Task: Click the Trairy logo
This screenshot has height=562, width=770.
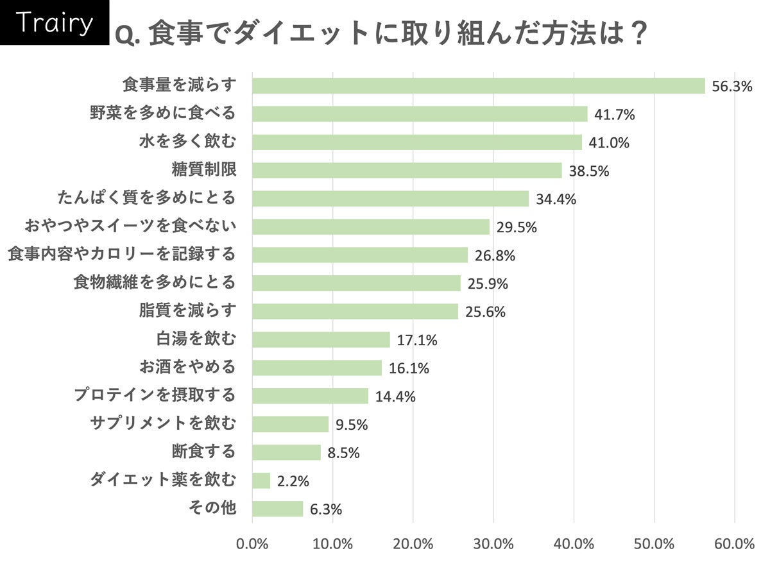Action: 54,23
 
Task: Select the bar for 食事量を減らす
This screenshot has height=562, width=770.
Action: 478,86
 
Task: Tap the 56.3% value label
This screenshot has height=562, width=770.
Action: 732,87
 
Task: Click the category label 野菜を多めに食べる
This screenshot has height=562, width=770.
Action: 163,114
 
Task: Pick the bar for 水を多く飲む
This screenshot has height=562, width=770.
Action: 416,142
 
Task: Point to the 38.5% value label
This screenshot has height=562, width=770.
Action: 588,171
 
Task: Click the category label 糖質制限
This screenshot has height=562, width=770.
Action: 204,170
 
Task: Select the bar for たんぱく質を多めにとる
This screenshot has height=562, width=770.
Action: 390,199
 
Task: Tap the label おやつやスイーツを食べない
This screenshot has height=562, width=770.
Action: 130,226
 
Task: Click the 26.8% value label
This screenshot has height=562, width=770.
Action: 495,256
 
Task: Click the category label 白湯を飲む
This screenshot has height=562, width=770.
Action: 196,339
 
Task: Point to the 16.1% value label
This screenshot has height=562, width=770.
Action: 409,369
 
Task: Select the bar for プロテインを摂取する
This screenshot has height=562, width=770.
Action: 310,396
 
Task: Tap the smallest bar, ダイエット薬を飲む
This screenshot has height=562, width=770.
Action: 261,481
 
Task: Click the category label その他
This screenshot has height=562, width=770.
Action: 212,509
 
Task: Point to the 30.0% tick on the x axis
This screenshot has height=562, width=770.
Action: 493,544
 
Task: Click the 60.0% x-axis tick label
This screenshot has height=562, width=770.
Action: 734,544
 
